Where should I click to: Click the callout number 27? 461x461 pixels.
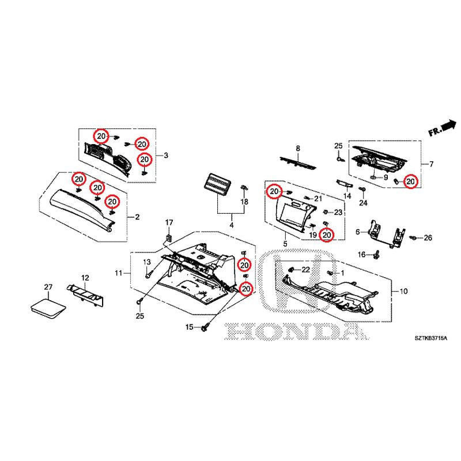[x=48, y=286]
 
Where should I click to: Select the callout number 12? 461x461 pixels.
[x=85, y=278]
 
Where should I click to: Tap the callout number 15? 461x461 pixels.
[x=188, y=327]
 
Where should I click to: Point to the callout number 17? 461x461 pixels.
[x=169, y=222]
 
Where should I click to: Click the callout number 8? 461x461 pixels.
[x=298, y=149]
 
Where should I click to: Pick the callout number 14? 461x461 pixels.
[x=347, y=197]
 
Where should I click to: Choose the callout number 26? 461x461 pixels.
[x=428, y=238]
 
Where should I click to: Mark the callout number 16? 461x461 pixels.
[x=361, y=255]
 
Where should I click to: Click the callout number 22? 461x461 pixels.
[x=306, y=269]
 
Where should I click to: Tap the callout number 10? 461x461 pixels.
[x=403, y=292]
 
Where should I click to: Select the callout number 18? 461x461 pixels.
[x=244, y=202]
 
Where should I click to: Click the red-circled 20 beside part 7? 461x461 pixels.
[x=410, y=182]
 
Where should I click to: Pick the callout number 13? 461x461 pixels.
[x=146, y=262]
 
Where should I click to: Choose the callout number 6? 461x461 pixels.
[x=357, y=232]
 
